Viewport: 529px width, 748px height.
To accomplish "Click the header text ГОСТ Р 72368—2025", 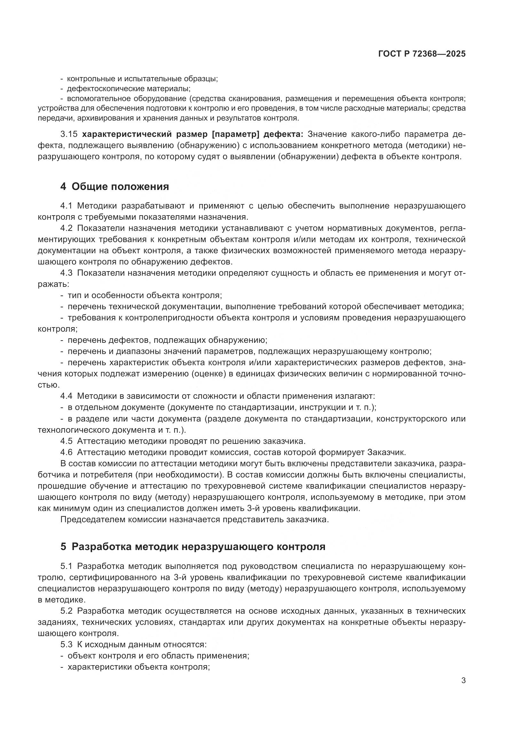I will tap(422, 54).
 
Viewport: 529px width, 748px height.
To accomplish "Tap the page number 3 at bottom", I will tap(463, 680).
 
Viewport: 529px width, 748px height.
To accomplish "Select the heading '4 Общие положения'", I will tap(115, 187).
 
